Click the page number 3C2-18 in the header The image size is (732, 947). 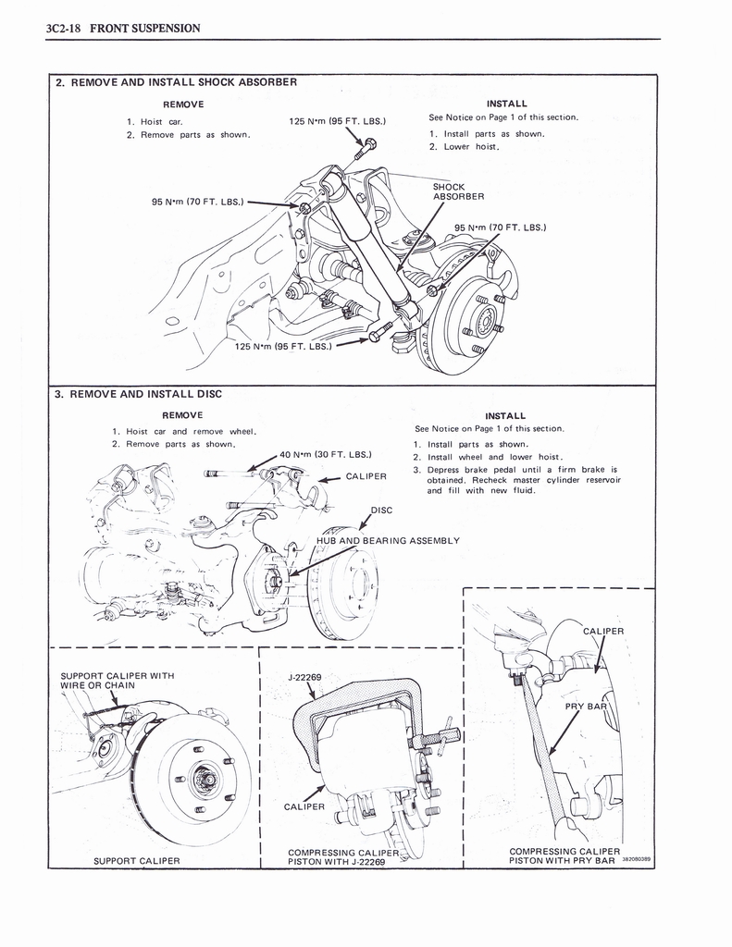click(x=64, y=28)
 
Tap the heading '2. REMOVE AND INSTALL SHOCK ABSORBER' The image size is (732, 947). click(x=176, y=82)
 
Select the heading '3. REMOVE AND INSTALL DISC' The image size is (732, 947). click(x=138, y=394)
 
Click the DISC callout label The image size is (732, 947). click(x=381, y=510)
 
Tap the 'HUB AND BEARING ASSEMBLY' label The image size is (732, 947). click(x=388, y=540)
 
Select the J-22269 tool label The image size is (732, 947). click(x=304, y=678)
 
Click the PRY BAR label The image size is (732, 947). click(x=584, y=707)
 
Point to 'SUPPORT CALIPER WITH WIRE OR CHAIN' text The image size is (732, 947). click(x=116, y=680)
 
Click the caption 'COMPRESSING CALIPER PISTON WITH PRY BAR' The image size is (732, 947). click(x=565, y=855)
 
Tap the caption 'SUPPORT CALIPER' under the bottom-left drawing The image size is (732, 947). click(x=137, y=861)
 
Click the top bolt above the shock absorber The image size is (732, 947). click(x=369, y=144)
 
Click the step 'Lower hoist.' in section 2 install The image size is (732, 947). click(x=471, y=147)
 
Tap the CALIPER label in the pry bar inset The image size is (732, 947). click(x=603, y=632)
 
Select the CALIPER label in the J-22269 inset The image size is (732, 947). click(x=304, y=806)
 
